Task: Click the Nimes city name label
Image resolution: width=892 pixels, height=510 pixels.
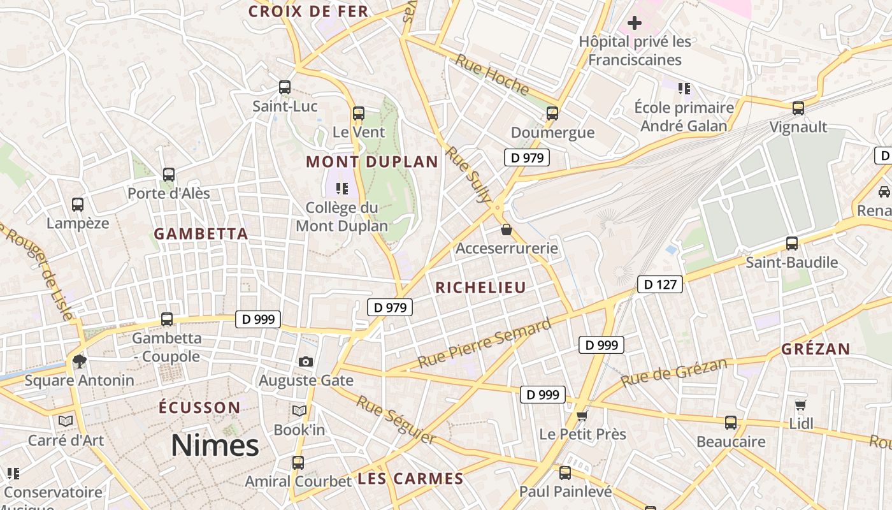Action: tap(215, 445)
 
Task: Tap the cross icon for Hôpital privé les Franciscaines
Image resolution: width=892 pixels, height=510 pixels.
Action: tap(634, 24)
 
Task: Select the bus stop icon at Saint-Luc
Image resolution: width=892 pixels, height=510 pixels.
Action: tap(285, 87)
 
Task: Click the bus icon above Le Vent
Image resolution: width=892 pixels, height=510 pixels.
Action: tap(359, 113)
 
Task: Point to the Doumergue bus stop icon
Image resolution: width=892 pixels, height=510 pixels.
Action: tap(552, 113)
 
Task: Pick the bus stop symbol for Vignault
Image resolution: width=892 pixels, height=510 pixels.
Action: tap(798, 108)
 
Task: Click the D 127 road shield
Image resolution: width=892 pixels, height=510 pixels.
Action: tap(660, 284)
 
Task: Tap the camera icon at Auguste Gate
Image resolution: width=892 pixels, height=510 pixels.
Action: tap(306, 361)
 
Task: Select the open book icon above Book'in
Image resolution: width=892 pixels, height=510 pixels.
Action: tap(299, 411)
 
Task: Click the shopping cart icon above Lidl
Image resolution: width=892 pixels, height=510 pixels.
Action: tap(801, 405)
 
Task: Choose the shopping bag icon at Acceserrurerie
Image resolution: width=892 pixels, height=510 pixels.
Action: tap(507, 229)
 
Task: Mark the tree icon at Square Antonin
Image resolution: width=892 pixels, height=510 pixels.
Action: tap(80, 361)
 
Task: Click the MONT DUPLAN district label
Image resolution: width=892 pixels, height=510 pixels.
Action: tap(372, 162)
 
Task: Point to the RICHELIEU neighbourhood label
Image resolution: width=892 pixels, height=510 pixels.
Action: tap(481, 288)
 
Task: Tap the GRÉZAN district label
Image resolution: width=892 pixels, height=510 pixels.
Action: tap(816, 349)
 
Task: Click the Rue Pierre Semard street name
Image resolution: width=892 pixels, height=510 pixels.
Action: tap(484, 344)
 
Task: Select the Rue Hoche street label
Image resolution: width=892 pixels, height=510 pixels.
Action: tap(492, 75)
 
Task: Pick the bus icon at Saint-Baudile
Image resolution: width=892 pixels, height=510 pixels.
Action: tap(792, 243)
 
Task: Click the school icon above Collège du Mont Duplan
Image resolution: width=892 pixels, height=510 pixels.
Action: tap(342, 188)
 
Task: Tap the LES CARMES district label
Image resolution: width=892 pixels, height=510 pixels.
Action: tap(410, 479)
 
